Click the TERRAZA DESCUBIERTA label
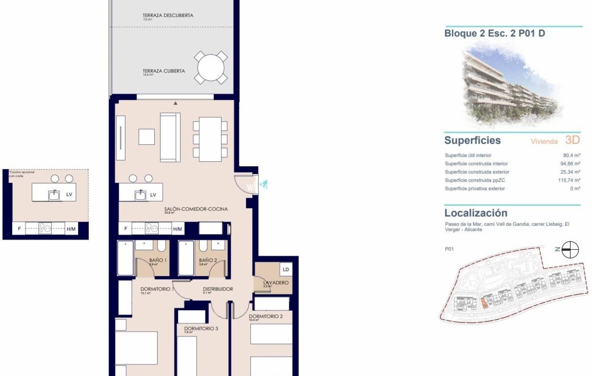(x=168, y=15)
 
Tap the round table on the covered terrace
(x=211, y=68)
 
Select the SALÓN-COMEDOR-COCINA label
(x=196, y=209)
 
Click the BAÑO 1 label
(x=158, y=260)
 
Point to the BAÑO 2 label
(x=208, y=260)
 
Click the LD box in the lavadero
(x=286, y=269)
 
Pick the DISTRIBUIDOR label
(x=218, y=289)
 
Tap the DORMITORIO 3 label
(x=201, y=328)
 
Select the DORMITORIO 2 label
(x=266, y=316)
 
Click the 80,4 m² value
(x=571, y=155)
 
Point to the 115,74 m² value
(x=569, y=180)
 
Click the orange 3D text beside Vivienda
(x=572, y=140)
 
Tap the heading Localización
(x=476, y=213)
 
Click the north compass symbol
(x=570, y=250)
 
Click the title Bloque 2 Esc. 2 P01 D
(x=494, y=33)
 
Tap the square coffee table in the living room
(x=147, y=137)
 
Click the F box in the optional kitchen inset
(x=20, y=229)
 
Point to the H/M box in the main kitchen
(x=178, y=229)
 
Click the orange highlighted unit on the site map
(x=484, y=303)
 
